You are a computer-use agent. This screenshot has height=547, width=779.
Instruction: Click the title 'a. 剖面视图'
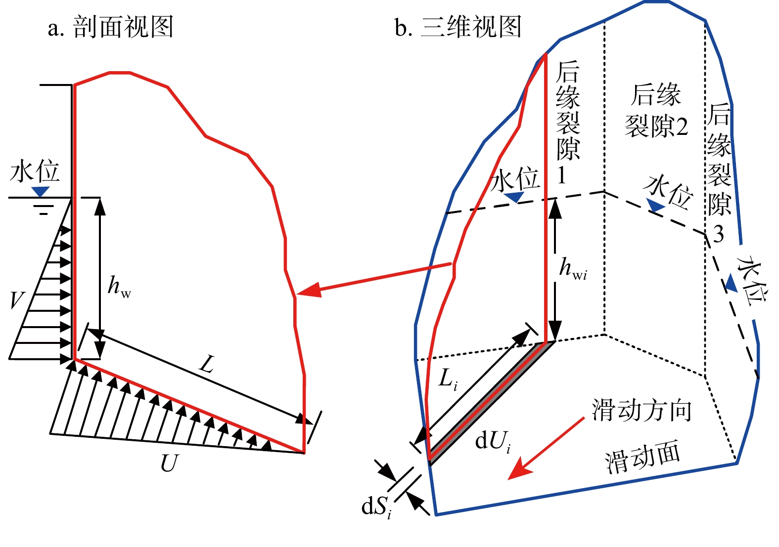click(111, 27)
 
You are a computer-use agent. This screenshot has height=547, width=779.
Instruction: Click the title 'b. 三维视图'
click(458, 27)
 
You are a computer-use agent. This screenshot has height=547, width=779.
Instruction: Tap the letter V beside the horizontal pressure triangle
click(17, 300)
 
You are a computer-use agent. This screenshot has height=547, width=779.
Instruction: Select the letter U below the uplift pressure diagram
click(169, 463)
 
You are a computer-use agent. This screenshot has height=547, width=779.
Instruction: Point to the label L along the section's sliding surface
click(207, 365)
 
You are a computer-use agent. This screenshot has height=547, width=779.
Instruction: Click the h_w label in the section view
click(119, 286)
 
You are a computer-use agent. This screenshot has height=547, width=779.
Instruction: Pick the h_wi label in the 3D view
click(573, 269)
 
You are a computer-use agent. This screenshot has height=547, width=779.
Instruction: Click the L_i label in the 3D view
click(448, 379)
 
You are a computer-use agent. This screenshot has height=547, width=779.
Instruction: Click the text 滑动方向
click(642, 410)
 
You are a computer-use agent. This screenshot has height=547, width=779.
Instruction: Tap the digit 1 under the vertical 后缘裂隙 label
click(561, 175)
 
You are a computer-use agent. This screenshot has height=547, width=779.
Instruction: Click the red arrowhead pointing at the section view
click(310, 289)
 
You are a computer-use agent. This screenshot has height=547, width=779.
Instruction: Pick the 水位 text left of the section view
click(35, 171)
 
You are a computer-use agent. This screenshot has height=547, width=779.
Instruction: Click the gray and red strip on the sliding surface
click(492, 403)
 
